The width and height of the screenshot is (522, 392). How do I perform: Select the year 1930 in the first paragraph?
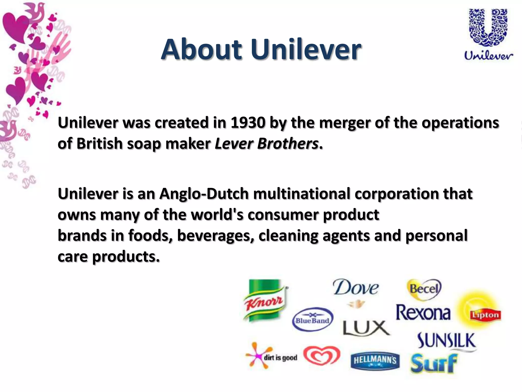(248, 123)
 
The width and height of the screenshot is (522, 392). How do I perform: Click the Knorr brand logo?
(264, 300)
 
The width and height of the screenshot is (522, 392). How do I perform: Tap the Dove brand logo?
(356, 288)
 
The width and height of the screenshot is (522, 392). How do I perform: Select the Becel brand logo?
(424, 289)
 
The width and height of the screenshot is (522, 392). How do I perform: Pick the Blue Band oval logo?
(312, 320)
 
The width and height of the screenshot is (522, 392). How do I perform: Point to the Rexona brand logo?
(423, 313)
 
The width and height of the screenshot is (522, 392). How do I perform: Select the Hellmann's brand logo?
(375, 361)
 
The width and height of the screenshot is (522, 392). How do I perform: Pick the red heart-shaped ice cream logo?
(322, 356)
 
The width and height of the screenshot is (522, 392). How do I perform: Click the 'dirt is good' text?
(280, 358)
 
